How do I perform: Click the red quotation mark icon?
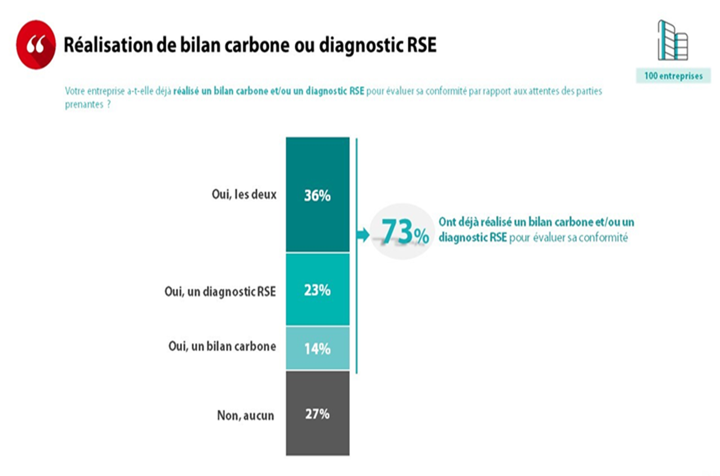(36, 45)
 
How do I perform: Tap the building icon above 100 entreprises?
(672, 40)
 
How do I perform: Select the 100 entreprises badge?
(673, 76)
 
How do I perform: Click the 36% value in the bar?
(317, 195)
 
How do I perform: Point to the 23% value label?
(317, 290)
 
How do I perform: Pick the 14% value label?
(317, 349)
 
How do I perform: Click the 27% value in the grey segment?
(317, 414)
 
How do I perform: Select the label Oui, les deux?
(244, 195)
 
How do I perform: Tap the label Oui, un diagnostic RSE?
(220, 291)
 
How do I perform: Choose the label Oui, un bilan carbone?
(222, 346)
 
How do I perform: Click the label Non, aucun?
(245, 415)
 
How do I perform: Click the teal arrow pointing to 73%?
(363, 235)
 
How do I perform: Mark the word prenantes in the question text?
(84, 104)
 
